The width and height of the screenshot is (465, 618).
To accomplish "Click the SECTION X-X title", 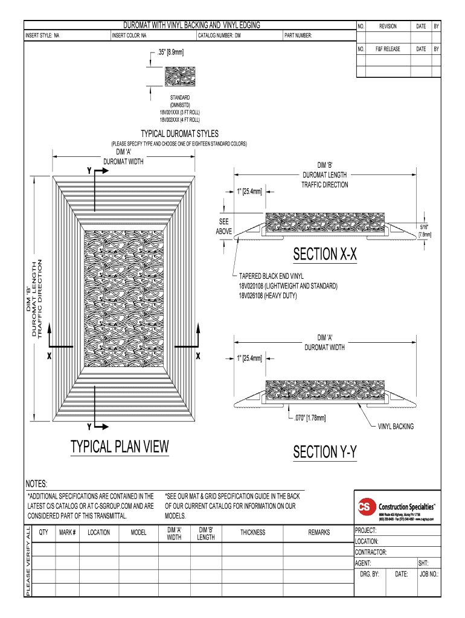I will click(x=325, y=255).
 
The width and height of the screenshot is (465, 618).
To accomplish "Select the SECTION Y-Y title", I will click(x=325, y=451).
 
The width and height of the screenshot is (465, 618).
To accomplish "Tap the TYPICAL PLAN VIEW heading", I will click(x=120, y=447).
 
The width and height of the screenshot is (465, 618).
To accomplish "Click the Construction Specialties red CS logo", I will click(x=365, y=506).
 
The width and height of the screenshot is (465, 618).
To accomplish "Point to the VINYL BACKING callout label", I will click(x=396, y=427).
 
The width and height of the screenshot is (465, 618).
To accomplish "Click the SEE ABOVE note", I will click(x=224, y=227).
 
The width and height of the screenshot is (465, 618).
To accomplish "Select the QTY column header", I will click(x=43, y=533).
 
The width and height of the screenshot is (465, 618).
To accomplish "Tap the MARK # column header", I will click(x=67, y=533).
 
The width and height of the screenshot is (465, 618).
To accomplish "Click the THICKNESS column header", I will click(x=252, y=533).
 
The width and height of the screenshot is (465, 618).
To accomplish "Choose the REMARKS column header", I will click(x=318, y=533).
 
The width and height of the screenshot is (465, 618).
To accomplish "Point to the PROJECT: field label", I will click(x=366, y=530).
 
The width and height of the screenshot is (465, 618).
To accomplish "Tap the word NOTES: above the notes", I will click(x=36, y=484).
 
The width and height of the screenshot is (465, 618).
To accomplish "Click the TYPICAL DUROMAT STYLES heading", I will click(x=179, y=133).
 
